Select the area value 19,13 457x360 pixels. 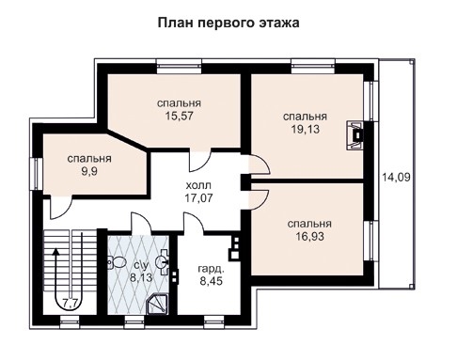coord(305,131)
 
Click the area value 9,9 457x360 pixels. coord(89,174)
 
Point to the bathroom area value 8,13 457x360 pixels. coord(140,278)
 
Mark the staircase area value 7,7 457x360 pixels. coord(71,302)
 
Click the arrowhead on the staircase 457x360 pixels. coord(57,252)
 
